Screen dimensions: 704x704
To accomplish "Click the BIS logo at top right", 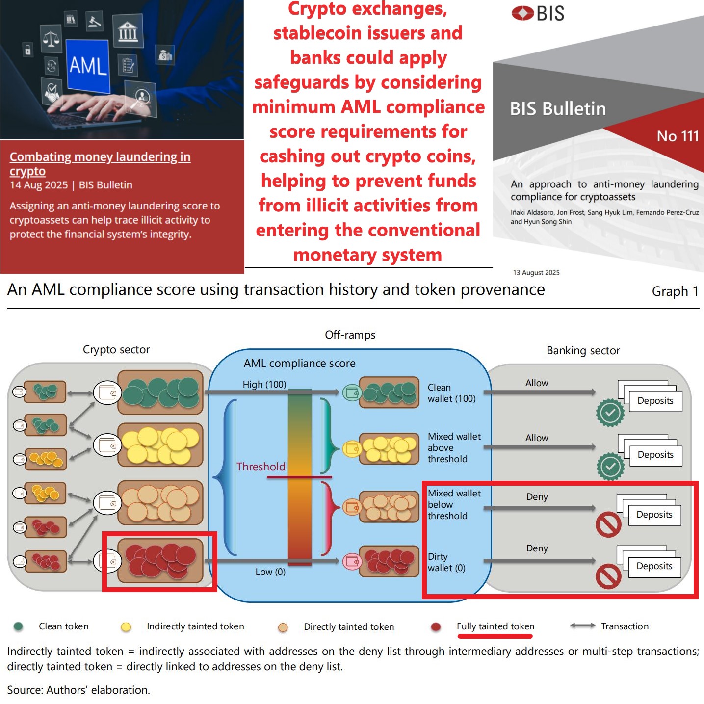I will tap(538, 13).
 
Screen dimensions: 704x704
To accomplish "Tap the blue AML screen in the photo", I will tap(88, 66).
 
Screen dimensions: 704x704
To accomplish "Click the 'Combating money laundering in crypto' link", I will tap(100, 164).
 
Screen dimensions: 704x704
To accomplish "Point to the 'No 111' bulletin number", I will tap(678, 136).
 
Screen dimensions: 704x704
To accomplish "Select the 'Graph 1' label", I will tap(675, 291).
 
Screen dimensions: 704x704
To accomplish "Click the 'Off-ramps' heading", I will tap(350, 335).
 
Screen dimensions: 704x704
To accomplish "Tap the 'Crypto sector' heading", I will tap(116, 350).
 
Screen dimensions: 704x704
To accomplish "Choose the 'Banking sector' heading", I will tap(583, 351).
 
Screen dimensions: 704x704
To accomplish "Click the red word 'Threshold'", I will tap(261, 467).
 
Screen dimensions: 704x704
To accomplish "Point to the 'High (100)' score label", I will tap(264, 384).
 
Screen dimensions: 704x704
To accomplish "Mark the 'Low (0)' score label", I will tap(270, 572).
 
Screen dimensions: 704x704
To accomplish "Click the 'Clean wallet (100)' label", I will tap(451, 393).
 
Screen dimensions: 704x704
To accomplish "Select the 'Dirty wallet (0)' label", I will tap(446, 562).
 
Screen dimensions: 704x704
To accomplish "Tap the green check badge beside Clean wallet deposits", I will tap(610, 413).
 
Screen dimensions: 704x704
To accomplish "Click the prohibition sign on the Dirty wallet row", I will tap(608, 576).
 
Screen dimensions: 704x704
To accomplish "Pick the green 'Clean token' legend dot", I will tap(19, 626).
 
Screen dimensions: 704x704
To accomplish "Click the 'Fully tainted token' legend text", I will tap(495, 626).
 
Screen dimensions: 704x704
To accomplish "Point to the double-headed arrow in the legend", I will tap(583, 626).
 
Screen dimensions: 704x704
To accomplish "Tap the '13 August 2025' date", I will tap(536, 273).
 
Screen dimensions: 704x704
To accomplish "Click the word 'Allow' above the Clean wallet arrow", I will tap(537, 383).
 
